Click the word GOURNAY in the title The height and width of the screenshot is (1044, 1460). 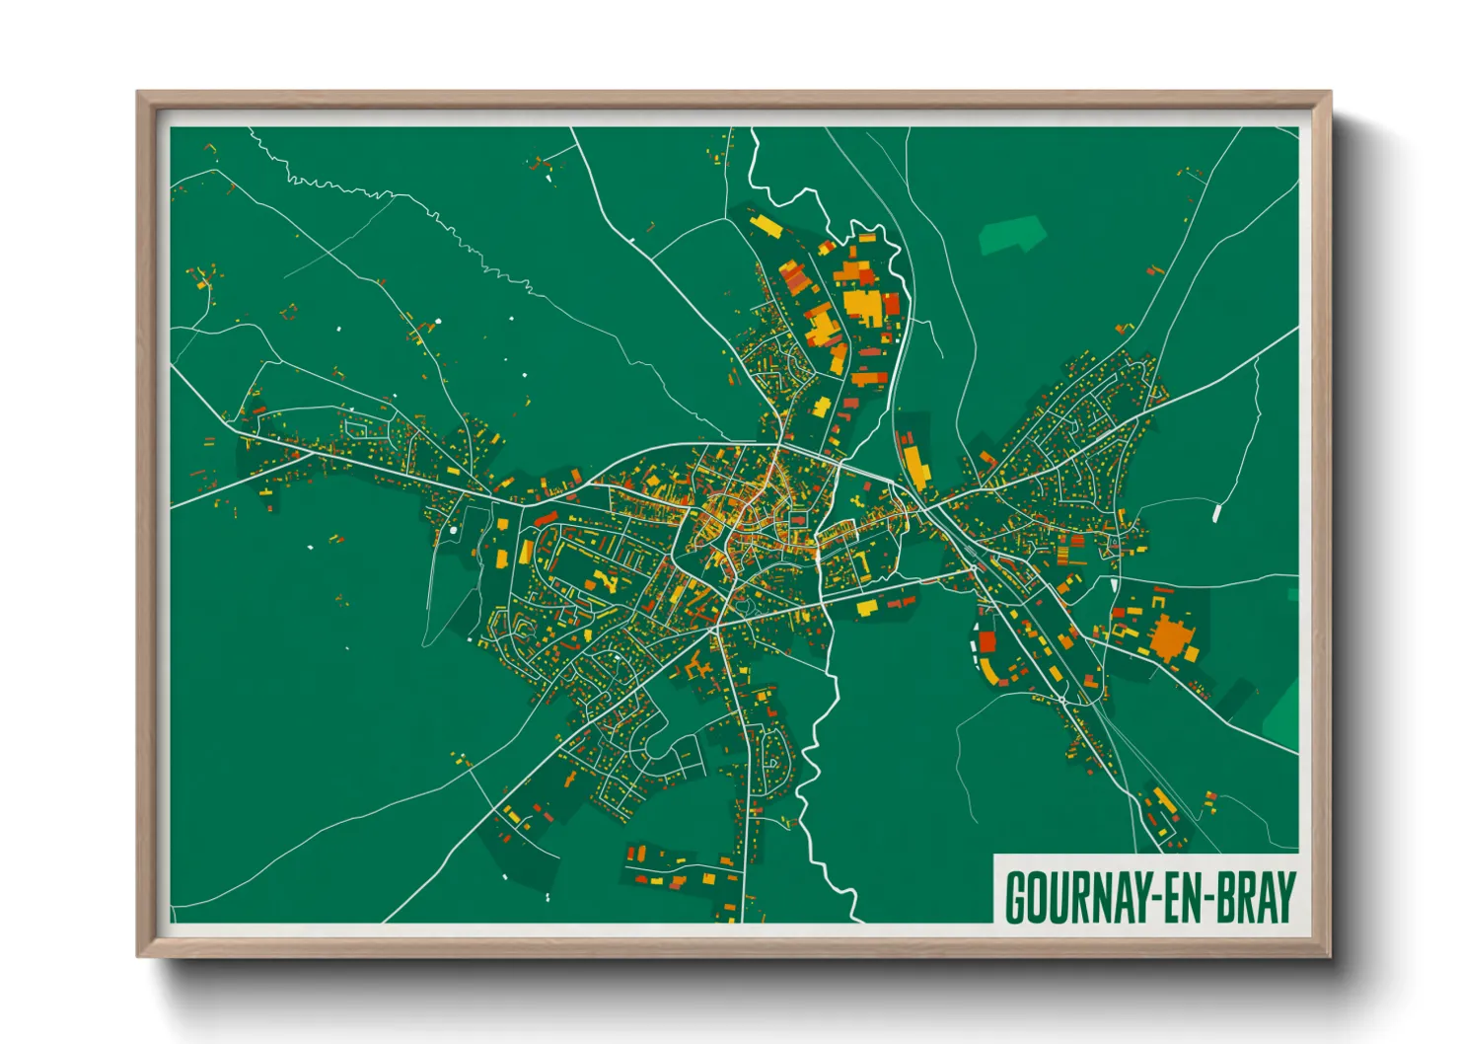point(1068,897)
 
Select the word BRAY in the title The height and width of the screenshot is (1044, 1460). point(1254,897)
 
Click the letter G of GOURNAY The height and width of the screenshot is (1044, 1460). point(1014,897)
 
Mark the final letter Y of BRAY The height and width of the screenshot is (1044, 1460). point(1285,897)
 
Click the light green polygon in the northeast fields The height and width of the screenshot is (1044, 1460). point(1011,235)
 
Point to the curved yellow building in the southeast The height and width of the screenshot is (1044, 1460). point(989,671)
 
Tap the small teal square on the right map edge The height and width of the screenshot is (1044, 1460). point(1292,594)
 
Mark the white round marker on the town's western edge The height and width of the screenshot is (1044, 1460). point(453,531)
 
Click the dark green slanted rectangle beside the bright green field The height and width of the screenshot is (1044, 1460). point(1235,699)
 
